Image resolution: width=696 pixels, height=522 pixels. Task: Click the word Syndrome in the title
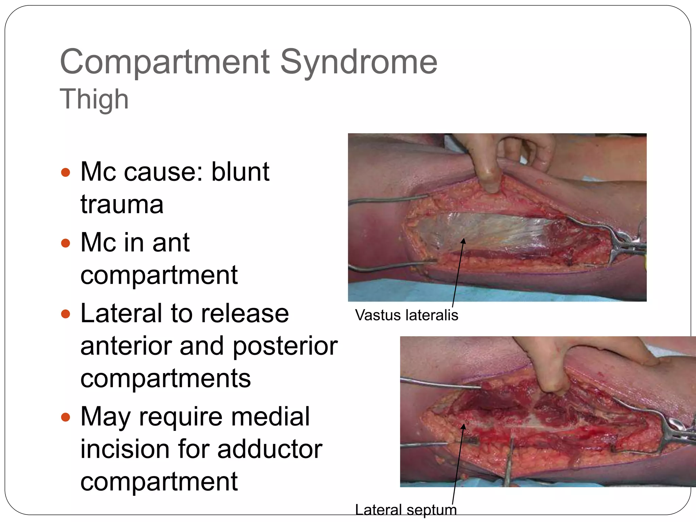[x=359, y=62]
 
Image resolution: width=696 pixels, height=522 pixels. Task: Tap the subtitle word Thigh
[x=94, y=99]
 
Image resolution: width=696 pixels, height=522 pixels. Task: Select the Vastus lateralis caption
[x=406, y=315]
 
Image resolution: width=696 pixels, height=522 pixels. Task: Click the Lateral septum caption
[x=406, y=510]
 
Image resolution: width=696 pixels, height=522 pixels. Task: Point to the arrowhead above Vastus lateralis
[x=463, y=241]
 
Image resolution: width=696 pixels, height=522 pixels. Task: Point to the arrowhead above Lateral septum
[x=463, y=427]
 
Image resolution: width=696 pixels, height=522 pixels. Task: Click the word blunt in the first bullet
[x=240, y=172]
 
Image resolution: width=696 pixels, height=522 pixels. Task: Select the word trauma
[x=122, y=205]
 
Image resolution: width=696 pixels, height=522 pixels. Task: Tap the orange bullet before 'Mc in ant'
[x=65, y=243]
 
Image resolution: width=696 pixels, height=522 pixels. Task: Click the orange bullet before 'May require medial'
[x=65, y=417]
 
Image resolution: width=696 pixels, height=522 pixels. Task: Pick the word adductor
[x=269, y=449]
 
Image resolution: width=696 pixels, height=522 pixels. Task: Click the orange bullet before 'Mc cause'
[x=65, y=172]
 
